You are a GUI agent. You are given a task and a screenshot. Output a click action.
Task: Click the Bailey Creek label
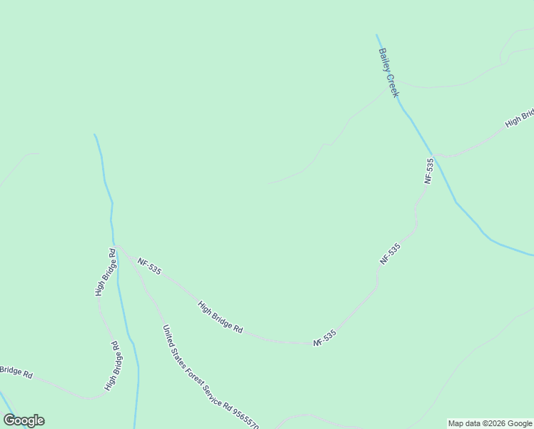[x=388, y=73]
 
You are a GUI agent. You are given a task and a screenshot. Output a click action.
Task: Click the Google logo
[x=24, y=420]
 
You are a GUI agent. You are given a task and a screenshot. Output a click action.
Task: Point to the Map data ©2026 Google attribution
[x=490, y=423]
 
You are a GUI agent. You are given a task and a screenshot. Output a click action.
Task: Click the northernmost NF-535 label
[x=428, y=172]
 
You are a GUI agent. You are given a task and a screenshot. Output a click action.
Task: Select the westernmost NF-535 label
[x=150, y=267]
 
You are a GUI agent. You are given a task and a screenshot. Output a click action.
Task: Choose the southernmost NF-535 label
[x=325, y=338]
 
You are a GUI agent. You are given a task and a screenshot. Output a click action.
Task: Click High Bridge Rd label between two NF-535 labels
[x=221, y=318]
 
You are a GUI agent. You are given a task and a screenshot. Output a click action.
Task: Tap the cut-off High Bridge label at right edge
[x=519, y=119]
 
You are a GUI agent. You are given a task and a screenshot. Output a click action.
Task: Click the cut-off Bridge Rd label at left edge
[x=16, y=372]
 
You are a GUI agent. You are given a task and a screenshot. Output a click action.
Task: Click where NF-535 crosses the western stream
[x=115, y=243]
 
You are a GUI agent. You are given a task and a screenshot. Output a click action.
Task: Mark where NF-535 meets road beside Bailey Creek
[x=435, y=154]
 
